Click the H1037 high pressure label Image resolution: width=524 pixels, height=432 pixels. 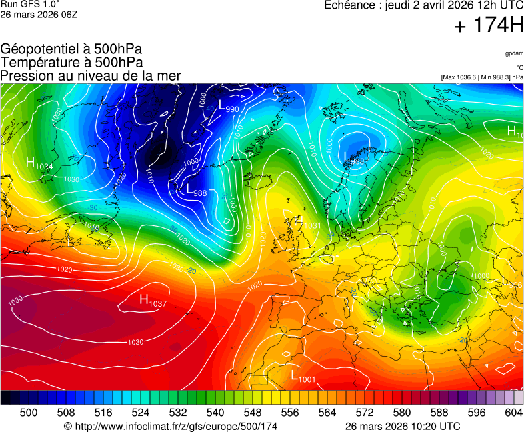pyautogui.click(x=153, y=301)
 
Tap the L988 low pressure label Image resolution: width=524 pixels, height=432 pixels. pyautogui.click(x=196, y=191)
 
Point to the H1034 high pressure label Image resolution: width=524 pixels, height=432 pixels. pyautogui.click(x=39, y=163)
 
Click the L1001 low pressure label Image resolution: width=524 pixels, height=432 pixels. pyautogui.click(x=303, y=376)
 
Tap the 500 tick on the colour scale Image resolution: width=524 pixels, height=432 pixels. pyautogui.click(x=29, y=413)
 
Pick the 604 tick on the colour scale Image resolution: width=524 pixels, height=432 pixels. pyautogui.click(x=514, y=413)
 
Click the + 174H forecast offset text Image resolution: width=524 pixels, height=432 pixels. pyautogui.click(x=489, y=26)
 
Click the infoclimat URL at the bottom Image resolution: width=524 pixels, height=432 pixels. pyautogui.click(x=171, y=426)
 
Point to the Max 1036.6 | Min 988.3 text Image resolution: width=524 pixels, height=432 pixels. pyautogui.click(x=482, y=77)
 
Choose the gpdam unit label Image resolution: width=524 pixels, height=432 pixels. pyautogui.click(x=513, y=53)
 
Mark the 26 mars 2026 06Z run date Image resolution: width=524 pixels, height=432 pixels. pyautogui.click(x=39, y=14)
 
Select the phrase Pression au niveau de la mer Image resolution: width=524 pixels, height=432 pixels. pyautogui.click(x=91, y=75)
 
